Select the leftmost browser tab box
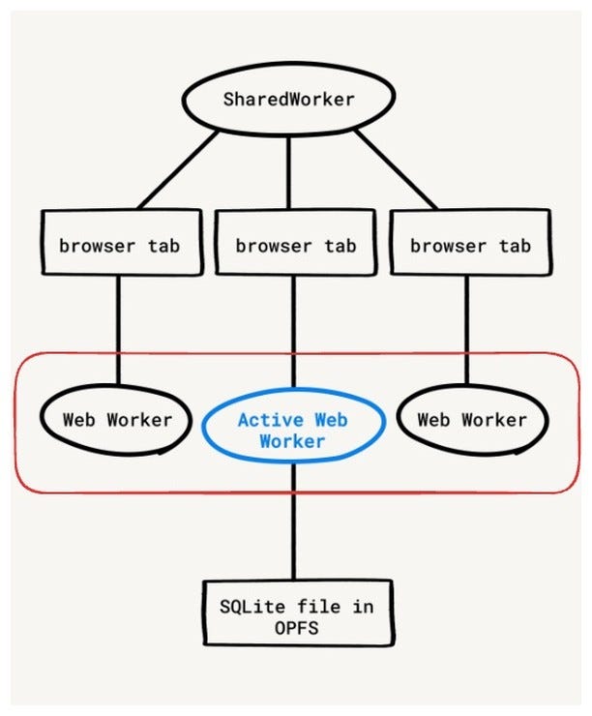[x=119, y=245]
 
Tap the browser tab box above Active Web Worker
[x=294, y=245]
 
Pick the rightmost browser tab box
[x=469, y=245]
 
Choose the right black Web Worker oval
[x=472, y=420]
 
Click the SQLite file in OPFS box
[x=297, y=615]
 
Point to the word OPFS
[x=297, y=628]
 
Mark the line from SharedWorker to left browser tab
[x=180, y=168]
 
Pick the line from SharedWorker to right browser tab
[x=396, y=168]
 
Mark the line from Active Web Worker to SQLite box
[x=293, y=522]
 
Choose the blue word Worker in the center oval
[x=292, y=441]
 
